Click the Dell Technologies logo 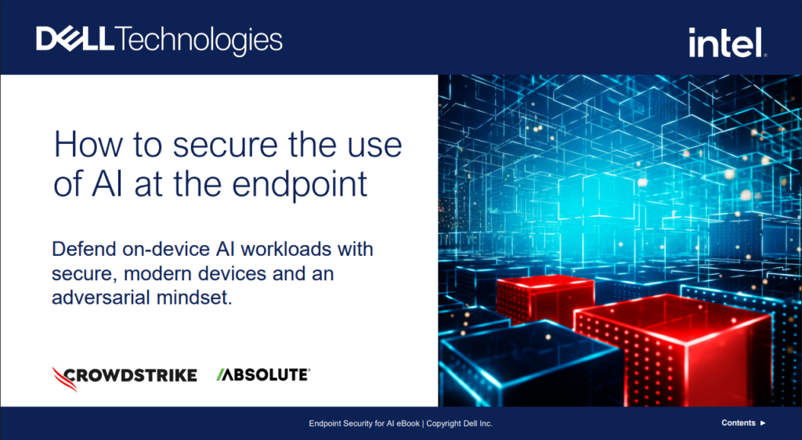coord(159,40)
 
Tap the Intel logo coord(728,42)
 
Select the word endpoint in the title coord(300,185)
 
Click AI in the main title coord(107,184)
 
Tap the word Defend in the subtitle coord(85,249)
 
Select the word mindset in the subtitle coord(194,298)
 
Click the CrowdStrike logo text coord(131,376)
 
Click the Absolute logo coord(263,375)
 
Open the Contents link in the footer coord(738,423)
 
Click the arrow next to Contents coord(763,423)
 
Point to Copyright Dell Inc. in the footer coord(459,423)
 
